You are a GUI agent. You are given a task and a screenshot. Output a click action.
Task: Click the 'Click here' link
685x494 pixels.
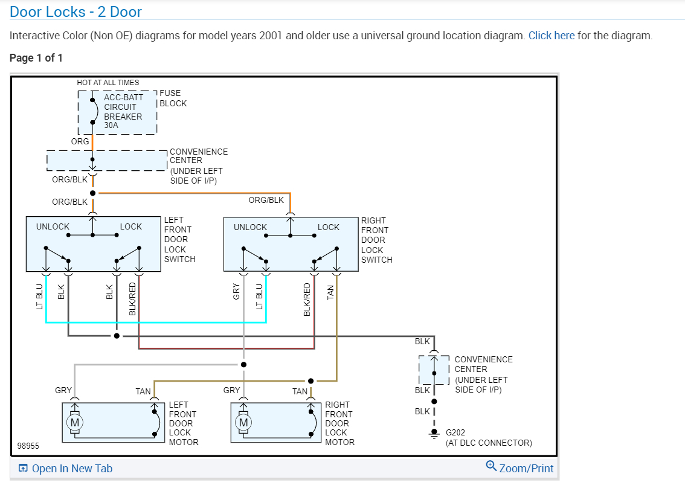click(x=551, y=36)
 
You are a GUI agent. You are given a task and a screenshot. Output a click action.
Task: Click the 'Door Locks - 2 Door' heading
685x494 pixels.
click(x=76, y=11)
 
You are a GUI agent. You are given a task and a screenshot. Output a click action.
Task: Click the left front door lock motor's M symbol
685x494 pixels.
click(x=75, y=423)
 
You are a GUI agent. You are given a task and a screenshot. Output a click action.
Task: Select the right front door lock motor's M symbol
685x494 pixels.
click(x=243, y=423)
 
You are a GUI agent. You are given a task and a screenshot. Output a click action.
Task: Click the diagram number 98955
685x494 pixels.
click(x=28, y=446)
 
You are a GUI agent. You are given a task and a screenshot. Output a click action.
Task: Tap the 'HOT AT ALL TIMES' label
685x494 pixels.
click(x=108, y=83)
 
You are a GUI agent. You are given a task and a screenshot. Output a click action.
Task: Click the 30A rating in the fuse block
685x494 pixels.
click(x=111, y=126)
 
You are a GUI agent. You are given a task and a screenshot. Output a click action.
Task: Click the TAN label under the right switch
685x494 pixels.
click(x=330, y=292)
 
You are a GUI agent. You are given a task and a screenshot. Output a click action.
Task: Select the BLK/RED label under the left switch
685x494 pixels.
click(x=133, y=299)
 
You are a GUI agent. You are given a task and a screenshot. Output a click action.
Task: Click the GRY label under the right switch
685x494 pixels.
click(x=237, y=292)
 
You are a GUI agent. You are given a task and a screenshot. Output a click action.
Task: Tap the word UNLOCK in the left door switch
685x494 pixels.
click(x=53, y=227)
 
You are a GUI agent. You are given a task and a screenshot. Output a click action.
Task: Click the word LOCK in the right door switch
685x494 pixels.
click(x=329, y=227)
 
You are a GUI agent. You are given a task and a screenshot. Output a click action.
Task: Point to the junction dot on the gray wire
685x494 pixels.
click(x=243, y=365)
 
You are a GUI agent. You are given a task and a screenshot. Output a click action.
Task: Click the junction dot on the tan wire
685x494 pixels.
click(x=310, y=381)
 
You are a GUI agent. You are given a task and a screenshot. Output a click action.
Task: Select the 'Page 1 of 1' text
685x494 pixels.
click(x=36, y=58)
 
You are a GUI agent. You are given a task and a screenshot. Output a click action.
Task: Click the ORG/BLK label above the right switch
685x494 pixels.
click(x=266, y=200)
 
